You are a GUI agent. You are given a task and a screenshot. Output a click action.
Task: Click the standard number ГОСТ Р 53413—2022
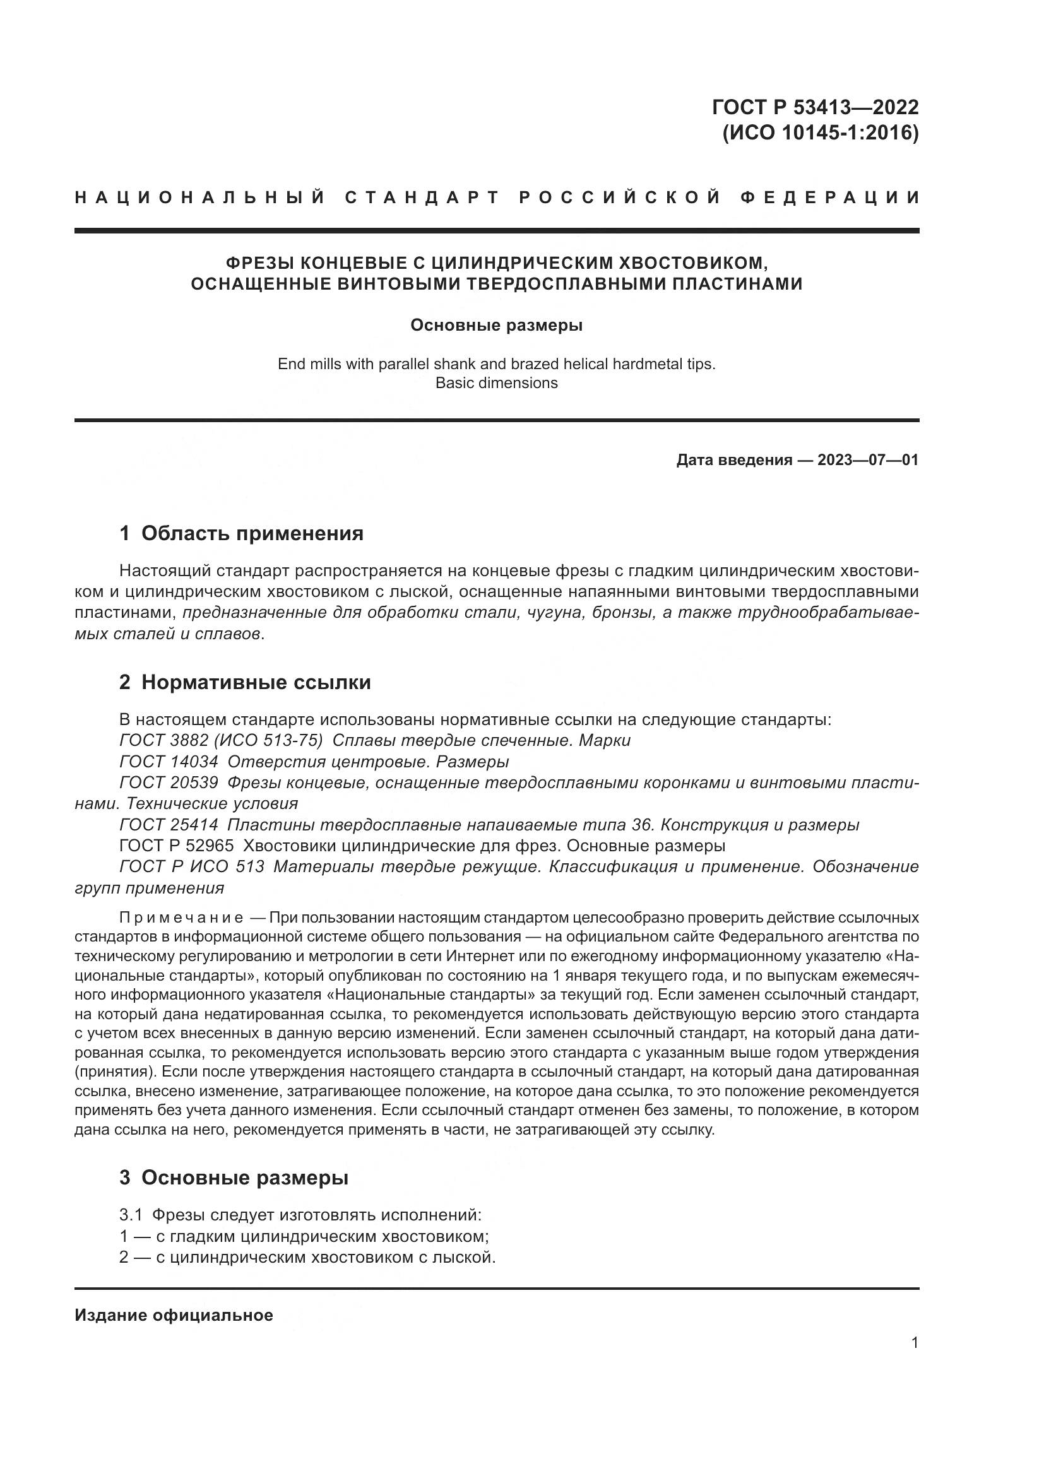(815, 107)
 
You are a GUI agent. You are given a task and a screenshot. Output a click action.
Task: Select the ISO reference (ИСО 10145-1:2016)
(821, 133)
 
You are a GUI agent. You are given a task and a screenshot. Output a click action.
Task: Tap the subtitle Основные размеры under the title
(496, 325)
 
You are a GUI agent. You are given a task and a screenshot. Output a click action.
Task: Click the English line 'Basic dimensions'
(496, 383)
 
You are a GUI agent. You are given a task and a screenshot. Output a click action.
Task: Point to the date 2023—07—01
(868, 459)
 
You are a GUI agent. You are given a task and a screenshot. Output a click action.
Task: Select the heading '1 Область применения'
(241, 533)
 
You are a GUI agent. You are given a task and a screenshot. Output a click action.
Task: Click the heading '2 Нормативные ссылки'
(245, 682)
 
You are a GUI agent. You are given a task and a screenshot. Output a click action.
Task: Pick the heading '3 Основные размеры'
(234, 1178)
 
